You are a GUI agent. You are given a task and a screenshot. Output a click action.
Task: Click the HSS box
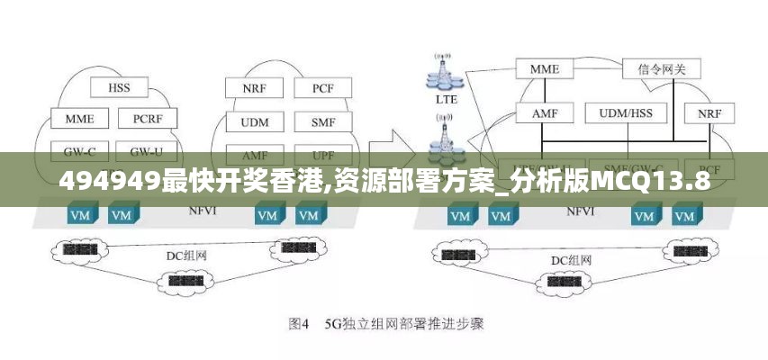click(119, 88)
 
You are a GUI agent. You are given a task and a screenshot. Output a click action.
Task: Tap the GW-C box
click(78, 149)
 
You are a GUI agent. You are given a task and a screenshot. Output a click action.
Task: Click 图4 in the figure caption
click(299, 322)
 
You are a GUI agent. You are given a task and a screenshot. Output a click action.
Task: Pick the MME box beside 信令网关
click(544, 68)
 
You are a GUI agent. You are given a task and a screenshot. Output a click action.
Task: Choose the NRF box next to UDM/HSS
click(709, 113)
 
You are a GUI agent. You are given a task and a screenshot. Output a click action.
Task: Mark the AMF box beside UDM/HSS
click(544, 113)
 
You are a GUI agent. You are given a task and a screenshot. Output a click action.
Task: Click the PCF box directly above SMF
click(322, 88)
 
